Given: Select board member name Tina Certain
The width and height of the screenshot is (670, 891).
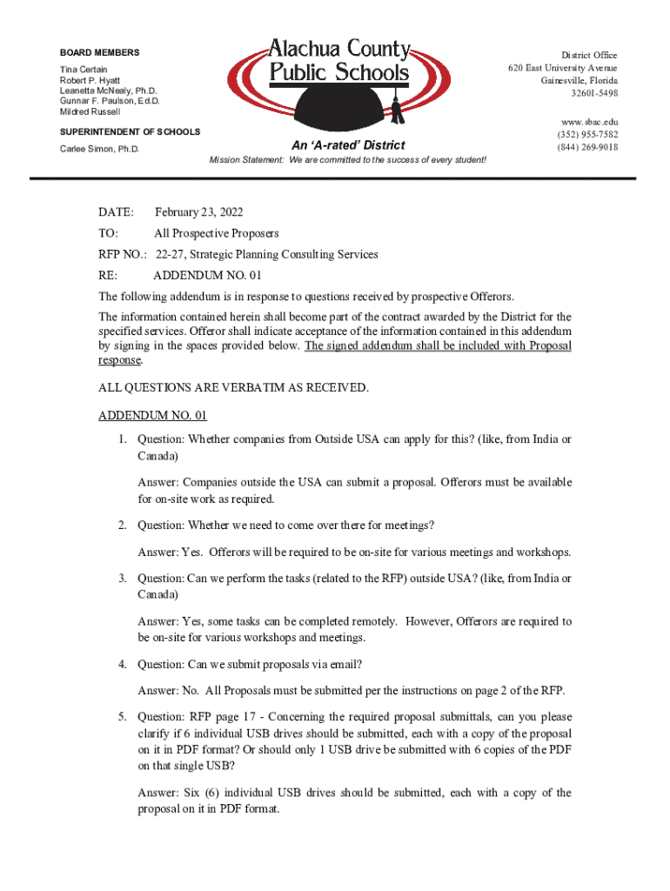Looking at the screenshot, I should pyautogui.click(x=84, y=69).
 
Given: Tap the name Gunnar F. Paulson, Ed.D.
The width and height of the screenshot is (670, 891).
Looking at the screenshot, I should pyautogui.click(x=110, y=101).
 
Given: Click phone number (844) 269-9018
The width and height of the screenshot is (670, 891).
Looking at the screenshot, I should pyautogui.click(x=588, y=147).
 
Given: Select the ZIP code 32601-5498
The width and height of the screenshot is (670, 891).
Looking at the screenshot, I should pyautogui.click(x=594, y=93).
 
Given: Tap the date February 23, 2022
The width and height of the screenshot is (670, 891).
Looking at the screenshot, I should pyautogui.click(x=198, y=212).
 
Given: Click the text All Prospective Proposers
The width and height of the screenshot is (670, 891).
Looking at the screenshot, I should pyautogui.click(x=216, y=233).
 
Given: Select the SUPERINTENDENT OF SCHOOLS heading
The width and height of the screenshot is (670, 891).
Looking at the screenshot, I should pyautogui.click(x=130, y=131).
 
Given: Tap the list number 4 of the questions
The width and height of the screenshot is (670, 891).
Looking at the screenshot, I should pyautogui.click(x=124, y=665).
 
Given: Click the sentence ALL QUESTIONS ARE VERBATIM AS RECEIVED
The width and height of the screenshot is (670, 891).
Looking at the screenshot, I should pyautogui.click(x=233, y=387).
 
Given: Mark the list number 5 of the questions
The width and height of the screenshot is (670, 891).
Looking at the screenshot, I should pyautogui.click(x=124, y=717).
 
